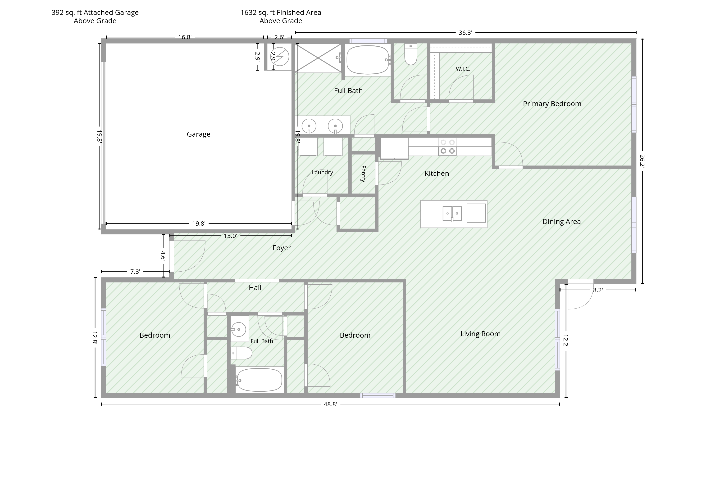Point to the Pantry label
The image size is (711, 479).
[x=363, y=174]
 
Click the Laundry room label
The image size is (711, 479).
[x=322, y=172]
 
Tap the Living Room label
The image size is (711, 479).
[x=481, y=334]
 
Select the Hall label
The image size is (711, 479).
[x=255, y=287]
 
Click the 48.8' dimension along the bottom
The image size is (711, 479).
[x=330, y=404]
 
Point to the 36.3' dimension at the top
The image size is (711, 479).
[x=465, y=33]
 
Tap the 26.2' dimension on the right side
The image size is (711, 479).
[x=642, y=161]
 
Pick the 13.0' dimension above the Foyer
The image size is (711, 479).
[x=230, y=236]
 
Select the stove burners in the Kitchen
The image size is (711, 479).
[x=447, y=147]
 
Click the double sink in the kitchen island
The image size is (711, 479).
[x=452, y=213]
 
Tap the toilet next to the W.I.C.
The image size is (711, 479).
[x=410, y=54]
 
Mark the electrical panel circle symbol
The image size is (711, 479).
[x=280, y=57]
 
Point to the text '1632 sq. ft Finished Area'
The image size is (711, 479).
[x=281, y=13]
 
